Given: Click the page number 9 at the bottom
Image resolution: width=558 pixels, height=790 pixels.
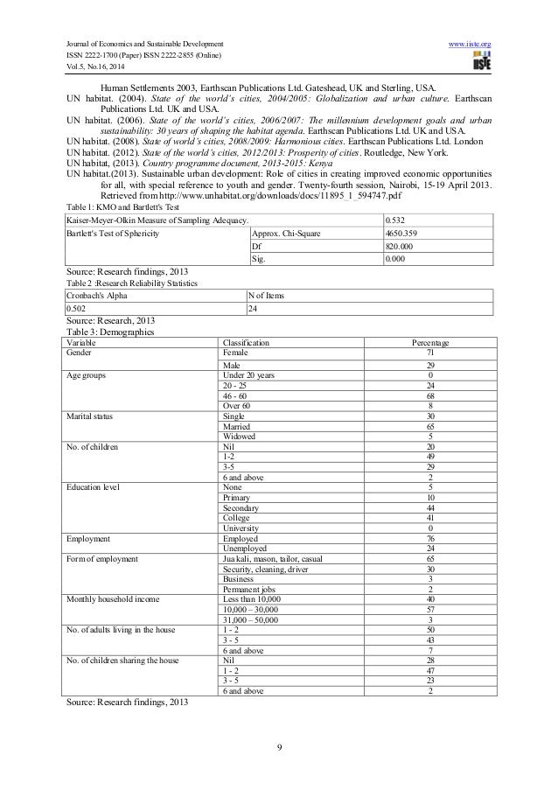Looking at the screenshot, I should point(278,745).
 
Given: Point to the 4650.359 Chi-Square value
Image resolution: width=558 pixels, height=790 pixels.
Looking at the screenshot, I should point(401,234).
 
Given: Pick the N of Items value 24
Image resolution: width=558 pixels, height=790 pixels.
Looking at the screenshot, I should point(255,308).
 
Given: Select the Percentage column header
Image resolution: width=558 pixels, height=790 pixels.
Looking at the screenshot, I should point(429,342).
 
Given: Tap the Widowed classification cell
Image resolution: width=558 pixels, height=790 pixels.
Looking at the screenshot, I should point(239,437).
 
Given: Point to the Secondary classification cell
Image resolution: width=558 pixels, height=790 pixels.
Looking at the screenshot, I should point(243,508).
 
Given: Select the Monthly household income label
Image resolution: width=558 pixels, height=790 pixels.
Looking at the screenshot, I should point(110,598).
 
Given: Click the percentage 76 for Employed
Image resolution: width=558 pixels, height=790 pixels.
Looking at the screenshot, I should point(429,538).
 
